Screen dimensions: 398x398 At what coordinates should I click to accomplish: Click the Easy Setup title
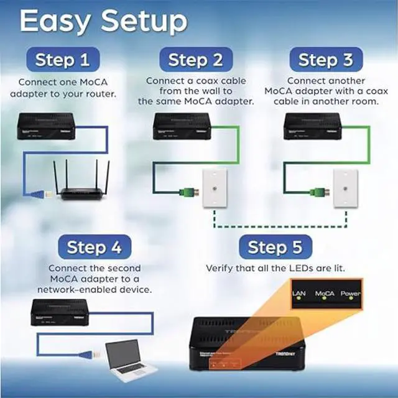(103, 22)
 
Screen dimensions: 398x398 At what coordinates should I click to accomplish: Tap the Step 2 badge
(195, 60)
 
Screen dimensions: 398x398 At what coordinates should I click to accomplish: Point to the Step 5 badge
(275, 247)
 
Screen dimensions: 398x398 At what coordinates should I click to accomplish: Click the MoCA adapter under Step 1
(46, 126)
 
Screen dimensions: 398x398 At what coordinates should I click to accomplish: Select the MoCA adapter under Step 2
(182, 126)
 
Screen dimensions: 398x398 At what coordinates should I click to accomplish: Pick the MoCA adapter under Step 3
(312, 126)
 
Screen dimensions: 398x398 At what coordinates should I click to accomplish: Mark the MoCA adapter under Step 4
(59, 313)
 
